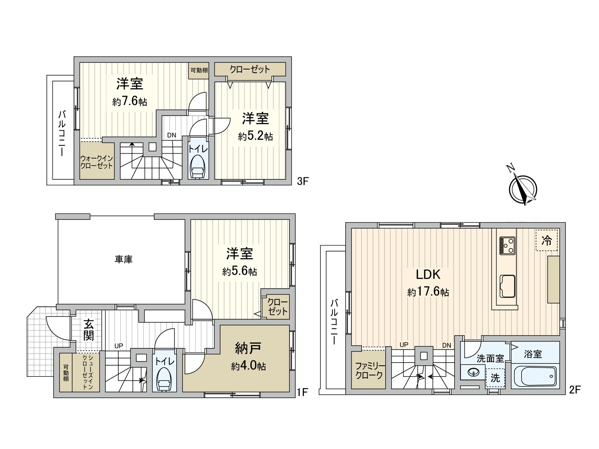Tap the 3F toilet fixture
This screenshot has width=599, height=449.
tap(197, 168)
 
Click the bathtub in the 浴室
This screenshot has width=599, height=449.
tap(535, 376)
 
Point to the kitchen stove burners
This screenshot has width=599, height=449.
tap(507, 246)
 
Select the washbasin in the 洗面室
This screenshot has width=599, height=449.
tap(474, 373)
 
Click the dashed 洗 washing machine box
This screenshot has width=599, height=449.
tap(495, 378)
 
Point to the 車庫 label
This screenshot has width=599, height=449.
tap(124, 259)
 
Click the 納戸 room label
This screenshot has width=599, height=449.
tap(248, 348)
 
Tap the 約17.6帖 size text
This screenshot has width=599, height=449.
tap(428, 292)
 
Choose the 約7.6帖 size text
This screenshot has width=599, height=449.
tap(130, 101)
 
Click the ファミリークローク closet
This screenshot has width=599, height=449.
tap(369, 370)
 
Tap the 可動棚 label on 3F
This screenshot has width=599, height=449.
tap(199, 70)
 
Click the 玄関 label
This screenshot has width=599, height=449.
tap(88, 330)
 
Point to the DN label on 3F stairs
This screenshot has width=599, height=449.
tap(171, 135)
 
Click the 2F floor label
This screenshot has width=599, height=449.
tap(575, 390)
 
